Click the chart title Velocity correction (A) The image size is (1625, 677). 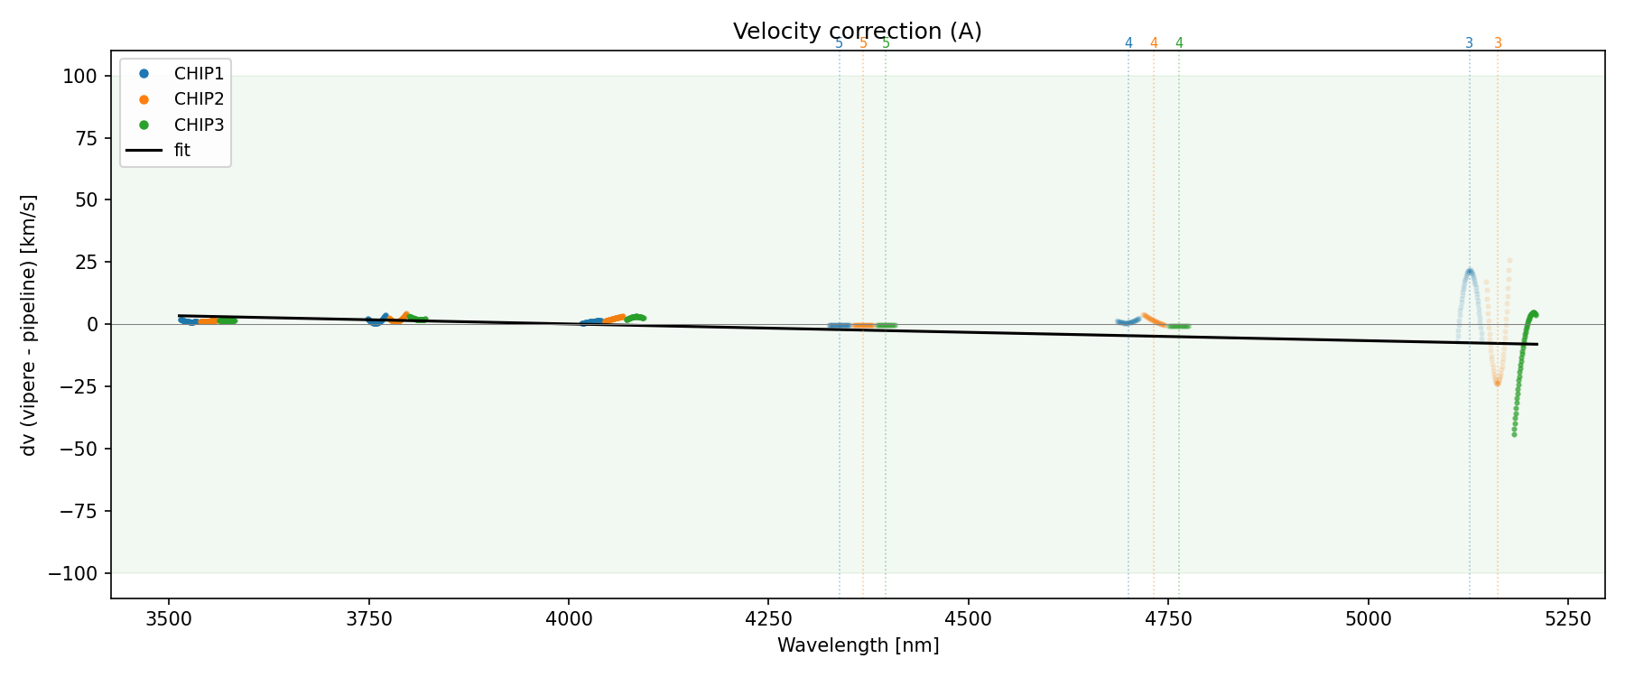(857, 32)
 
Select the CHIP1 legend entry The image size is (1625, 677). (199, 73)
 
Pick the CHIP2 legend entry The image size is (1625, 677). (199, 99)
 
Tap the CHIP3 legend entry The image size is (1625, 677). (199, 125)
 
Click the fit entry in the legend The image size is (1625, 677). (182, 151)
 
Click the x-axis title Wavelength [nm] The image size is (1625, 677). (858, 645)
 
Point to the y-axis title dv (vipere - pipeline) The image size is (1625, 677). (29, 325)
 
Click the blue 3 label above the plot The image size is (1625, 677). (1469, 43)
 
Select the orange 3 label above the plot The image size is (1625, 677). (1498, 43)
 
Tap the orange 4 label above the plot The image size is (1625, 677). (1154, 43)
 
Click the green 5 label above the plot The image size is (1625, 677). (886, 43)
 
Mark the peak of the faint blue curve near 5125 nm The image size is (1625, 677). (1470, 271)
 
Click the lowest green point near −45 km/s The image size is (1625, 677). (1514, 434)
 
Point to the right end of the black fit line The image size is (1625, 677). (1537, 344)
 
